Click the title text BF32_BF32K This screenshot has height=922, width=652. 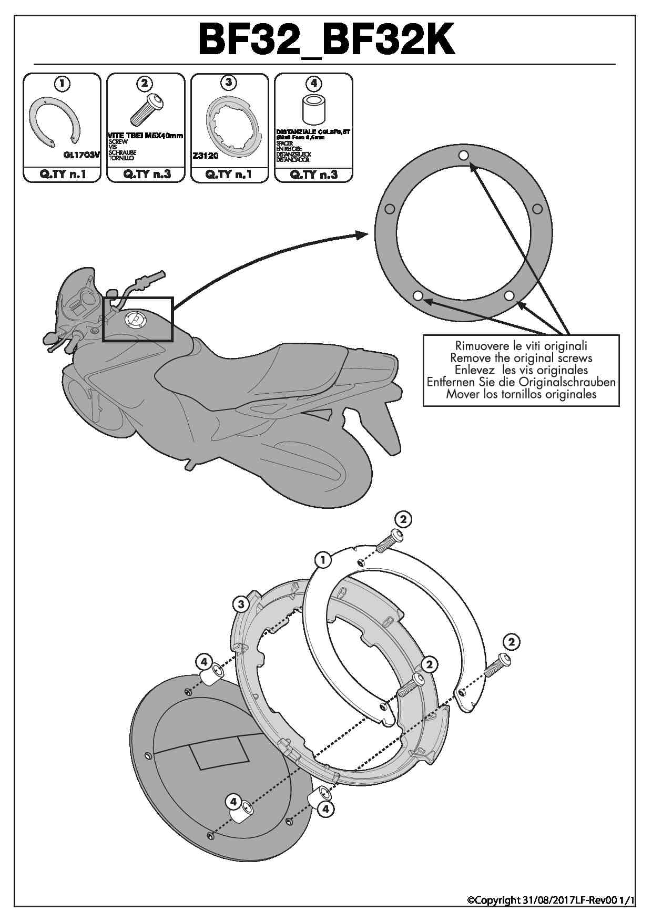tap(326, 40)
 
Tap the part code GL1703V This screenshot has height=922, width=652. tap(80, 155)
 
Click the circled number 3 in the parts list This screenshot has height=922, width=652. tap(229, 82)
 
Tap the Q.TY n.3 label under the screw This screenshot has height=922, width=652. tap(146, 175)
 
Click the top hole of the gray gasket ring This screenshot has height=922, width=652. tap(463, 155)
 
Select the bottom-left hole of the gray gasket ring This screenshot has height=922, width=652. tap(418, 296)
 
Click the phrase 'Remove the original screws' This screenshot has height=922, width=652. tap(521, 358)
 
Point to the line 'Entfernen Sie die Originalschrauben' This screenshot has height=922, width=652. tap(521, 382)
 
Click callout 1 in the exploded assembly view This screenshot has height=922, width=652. tap(323, 560)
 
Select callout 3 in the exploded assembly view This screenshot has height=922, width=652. tap(241, 604)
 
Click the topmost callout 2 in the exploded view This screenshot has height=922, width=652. tap(403, 519)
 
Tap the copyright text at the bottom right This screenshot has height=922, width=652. tap(551, 900)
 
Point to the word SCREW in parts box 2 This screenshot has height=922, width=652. tap(118, 142)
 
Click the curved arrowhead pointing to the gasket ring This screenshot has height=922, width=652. tap(363, 234)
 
